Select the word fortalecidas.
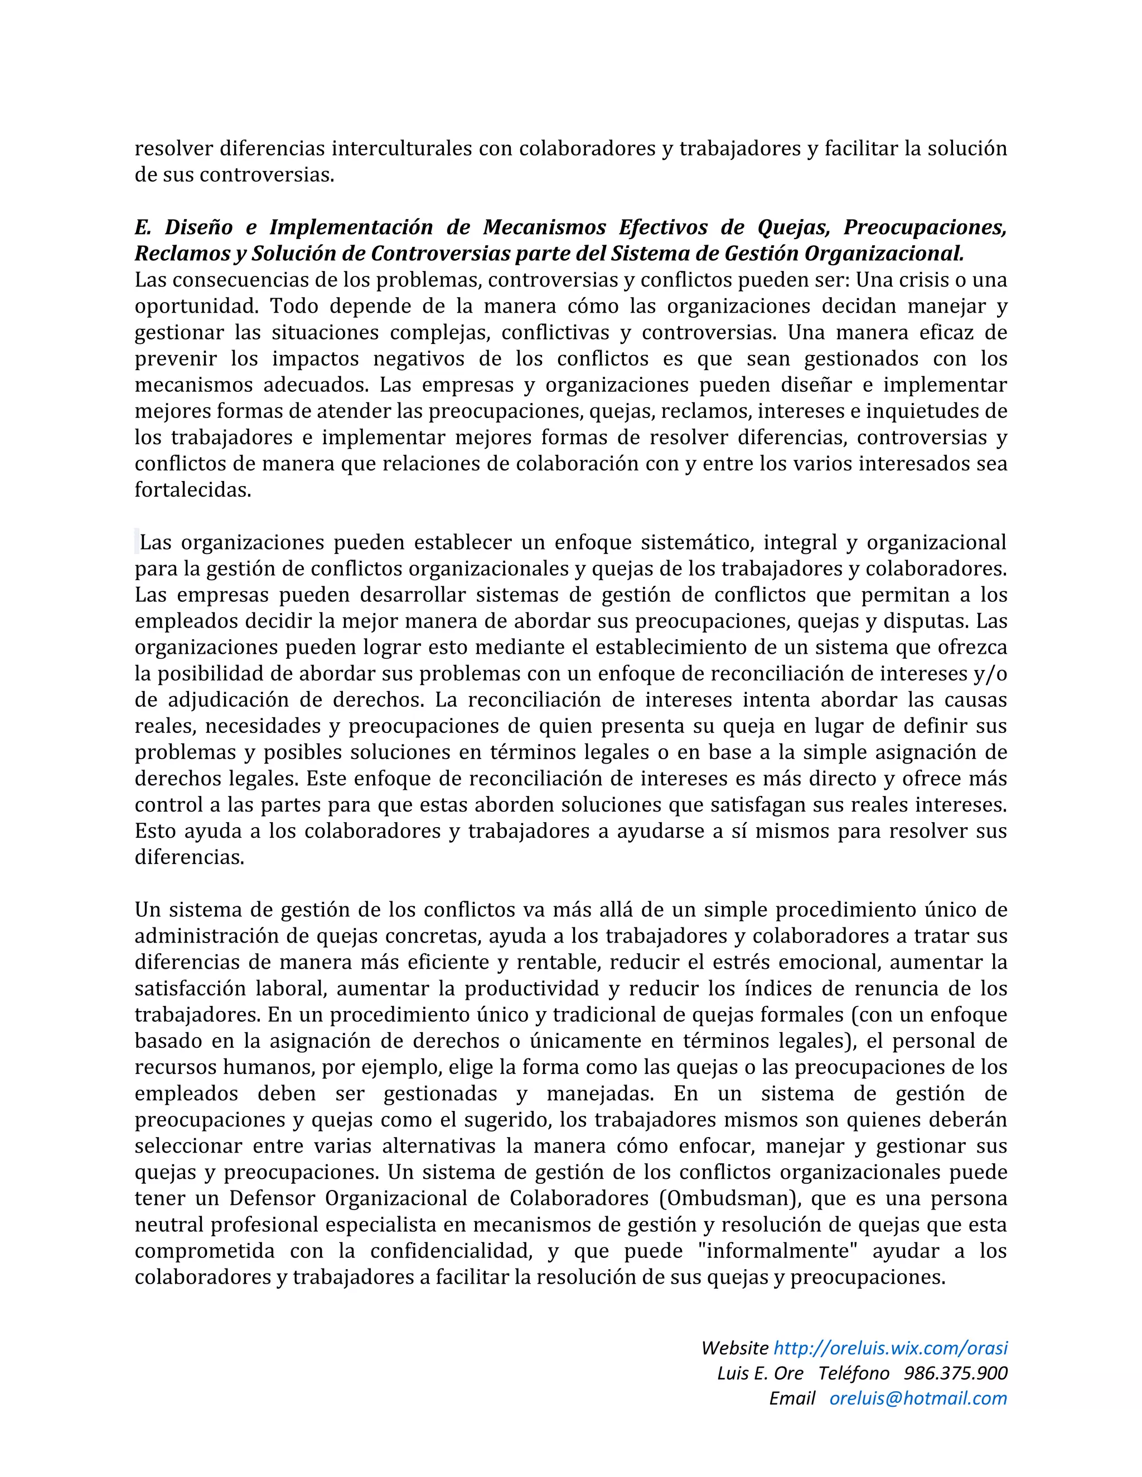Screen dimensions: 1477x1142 tap(193, 490)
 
